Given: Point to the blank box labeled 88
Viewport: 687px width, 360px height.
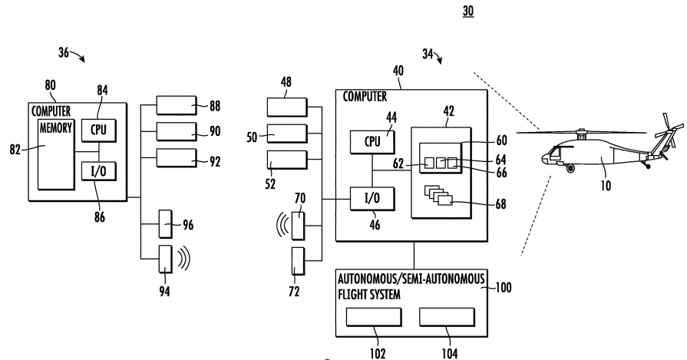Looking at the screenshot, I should coord(174,105).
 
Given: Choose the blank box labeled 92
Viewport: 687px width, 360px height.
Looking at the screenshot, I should coord(174,159).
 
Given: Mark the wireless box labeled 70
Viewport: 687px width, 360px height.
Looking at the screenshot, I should coord(299,225).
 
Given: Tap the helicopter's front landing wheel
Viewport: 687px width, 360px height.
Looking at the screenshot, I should coord(570,167).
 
